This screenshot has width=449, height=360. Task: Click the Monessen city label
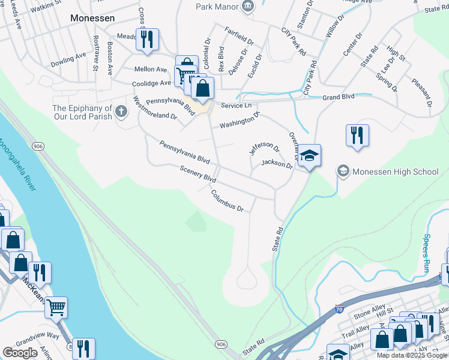(92, 18)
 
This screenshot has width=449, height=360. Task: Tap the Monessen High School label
(396, 172)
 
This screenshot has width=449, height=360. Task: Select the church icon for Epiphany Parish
(121, 111)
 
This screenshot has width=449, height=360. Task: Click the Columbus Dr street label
(227, 201)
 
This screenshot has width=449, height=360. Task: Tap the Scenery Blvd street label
(197, 175)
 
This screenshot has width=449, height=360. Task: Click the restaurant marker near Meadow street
(147, 40)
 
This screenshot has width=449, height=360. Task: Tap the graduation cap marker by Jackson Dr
(309, 156)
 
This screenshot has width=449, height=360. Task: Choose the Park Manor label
(217, 7)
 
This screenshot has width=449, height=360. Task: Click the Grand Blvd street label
(338, 96)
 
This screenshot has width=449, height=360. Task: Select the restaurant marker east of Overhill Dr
(357, 135)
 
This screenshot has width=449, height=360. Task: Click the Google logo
(20, 352)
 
